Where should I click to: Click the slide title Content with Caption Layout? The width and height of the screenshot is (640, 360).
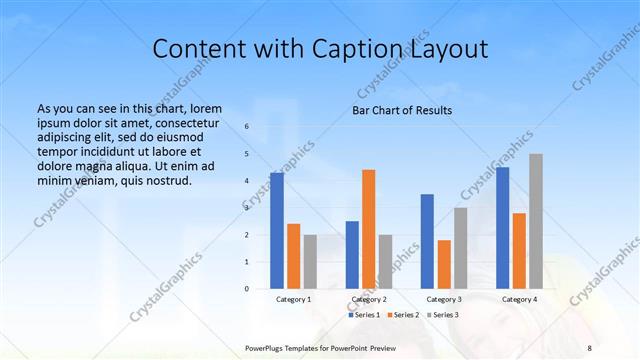coord(319,49)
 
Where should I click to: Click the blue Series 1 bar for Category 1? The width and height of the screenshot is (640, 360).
coord(277,231)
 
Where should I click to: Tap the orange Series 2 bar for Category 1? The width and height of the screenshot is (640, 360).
coord(293,256)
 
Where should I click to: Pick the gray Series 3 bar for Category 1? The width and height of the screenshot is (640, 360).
coord(310,262)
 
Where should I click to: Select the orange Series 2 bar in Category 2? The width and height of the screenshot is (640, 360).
coord(368,229)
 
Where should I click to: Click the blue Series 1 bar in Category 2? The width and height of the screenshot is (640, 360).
coord(352,255)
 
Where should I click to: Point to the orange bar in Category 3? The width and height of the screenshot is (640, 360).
coord(444,264)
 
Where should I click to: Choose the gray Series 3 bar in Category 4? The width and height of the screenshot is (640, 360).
coord(536,221)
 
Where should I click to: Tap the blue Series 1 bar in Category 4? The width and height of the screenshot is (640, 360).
coord(503,228)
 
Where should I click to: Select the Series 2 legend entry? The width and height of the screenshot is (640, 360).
coord(404,315)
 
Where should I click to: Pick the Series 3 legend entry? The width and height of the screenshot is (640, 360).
coord(443,315)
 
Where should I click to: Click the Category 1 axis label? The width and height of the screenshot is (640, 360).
coord(293,299)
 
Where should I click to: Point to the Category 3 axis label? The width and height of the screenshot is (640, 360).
coord(444,299)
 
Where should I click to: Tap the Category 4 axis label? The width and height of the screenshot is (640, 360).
coord(519,299)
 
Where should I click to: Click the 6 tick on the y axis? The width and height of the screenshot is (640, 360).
coord(247,127)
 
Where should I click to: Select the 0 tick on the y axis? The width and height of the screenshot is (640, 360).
coord(247,289)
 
